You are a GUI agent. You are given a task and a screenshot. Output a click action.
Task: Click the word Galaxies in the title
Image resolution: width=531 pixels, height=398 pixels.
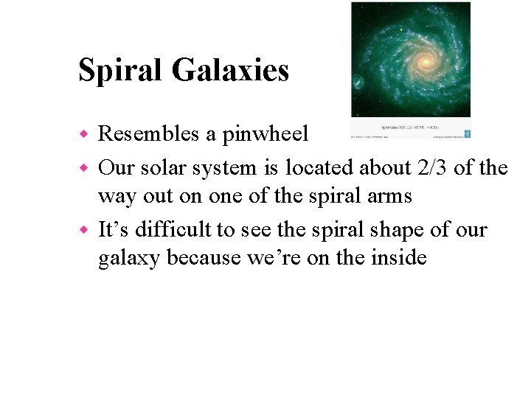230,71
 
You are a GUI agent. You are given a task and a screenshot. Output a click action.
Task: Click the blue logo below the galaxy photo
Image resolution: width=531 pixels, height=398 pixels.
467,133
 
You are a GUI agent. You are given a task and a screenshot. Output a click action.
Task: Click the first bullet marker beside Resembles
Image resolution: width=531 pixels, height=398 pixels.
83,134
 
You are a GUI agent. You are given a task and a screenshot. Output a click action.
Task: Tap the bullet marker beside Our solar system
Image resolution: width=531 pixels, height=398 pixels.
83,169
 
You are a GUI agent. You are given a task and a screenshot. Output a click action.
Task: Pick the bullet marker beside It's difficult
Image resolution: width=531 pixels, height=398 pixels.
83,231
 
